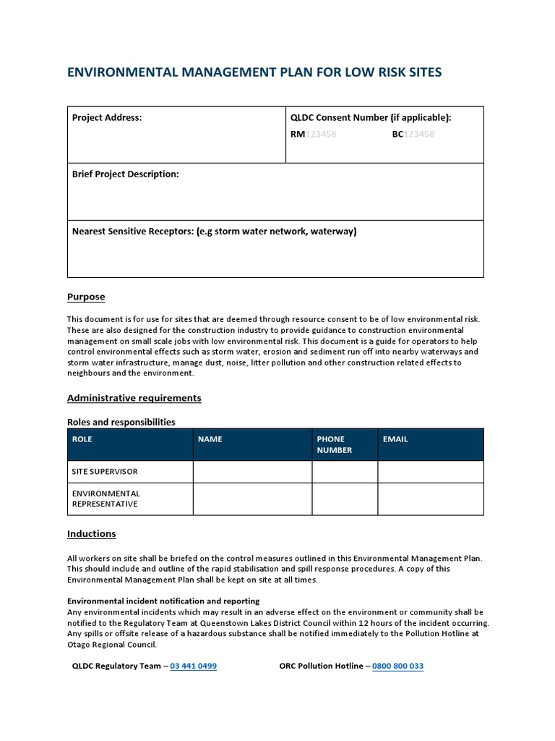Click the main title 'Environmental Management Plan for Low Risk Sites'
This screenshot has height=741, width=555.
pos(254,72)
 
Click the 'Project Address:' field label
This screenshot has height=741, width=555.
pos(107,118)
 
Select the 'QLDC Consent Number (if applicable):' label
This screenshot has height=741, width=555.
pos(370,118)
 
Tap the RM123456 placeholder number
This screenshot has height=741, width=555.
pos(313,134)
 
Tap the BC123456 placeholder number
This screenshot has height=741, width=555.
pos(413,134)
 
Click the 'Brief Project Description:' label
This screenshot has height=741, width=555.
pos(125,174)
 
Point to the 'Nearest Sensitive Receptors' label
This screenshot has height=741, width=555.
pos(214,232)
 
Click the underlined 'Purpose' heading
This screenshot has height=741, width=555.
pos(86,297)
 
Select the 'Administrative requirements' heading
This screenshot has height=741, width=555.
pos(134,398)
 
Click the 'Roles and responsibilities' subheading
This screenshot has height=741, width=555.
pos(121,422)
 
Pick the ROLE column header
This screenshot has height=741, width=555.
pos(82,439)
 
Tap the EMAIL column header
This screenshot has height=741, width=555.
pos(395,439)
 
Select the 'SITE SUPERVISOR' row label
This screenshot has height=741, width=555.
pos(104,472)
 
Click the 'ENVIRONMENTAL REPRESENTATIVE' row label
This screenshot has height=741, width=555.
pos(105,499)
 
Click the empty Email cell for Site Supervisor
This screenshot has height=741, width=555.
pos(430,472)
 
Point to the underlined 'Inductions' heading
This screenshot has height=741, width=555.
pos(91,534)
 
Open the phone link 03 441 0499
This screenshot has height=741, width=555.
pos(193,666)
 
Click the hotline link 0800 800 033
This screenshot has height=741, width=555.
pos(397,666)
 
